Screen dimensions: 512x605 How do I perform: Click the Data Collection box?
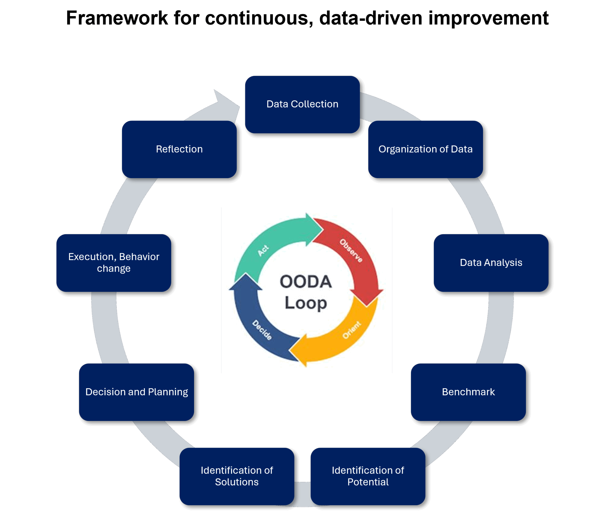coord(302,105)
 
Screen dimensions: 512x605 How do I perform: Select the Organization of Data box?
coord(425,149)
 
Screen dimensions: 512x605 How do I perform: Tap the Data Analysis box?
coord(491,263)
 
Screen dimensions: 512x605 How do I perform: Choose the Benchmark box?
coord(468,392)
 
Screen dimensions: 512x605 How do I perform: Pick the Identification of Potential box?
coord(368,476)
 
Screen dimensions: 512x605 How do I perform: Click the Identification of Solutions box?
coord(237,476)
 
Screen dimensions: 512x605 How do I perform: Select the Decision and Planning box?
coord(137,392)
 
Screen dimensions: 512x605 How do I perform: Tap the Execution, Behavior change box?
coord(114,263)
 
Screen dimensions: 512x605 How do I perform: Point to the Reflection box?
coord(179,149)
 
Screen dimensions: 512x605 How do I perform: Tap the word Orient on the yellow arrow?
coord(351,330)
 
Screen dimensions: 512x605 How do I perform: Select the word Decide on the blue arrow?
coord(262,330)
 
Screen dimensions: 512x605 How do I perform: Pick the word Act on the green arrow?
coord(263,250)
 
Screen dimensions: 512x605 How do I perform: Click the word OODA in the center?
coord(306,282)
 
